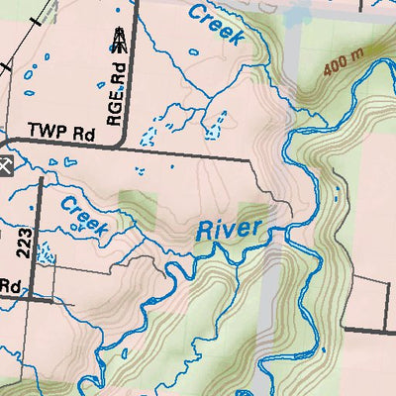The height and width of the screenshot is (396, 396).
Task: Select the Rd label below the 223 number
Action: pos(10,285)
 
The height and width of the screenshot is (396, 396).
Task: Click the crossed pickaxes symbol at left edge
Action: pos(4,164)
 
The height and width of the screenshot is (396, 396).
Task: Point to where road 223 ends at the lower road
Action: pos(38,296)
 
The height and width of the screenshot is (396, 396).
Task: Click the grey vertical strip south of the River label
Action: pos(264,297)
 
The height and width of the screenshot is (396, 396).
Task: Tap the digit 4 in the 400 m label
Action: pos(326,70)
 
